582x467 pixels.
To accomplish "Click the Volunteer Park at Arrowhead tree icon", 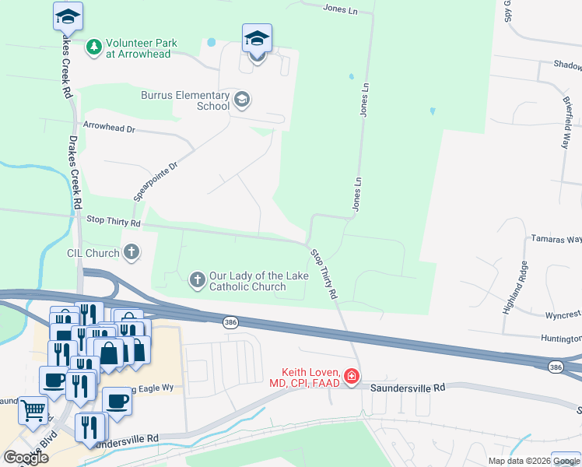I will pos(93,48).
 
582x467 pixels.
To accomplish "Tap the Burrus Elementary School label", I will pos(185,100).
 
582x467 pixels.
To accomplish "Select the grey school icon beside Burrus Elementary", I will pos(242,99).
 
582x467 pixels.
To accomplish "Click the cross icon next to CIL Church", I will pos(131,252).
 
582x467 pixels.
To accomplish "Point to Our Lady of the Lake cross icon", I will pos(198,279).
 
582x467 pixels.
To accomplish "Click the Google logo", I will pos(26,458).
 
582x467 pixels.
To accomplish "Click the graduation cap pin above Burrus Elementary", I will pos(257,38).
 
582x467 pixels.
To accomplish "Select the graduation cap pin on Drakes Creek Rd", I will pos(68,16).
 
